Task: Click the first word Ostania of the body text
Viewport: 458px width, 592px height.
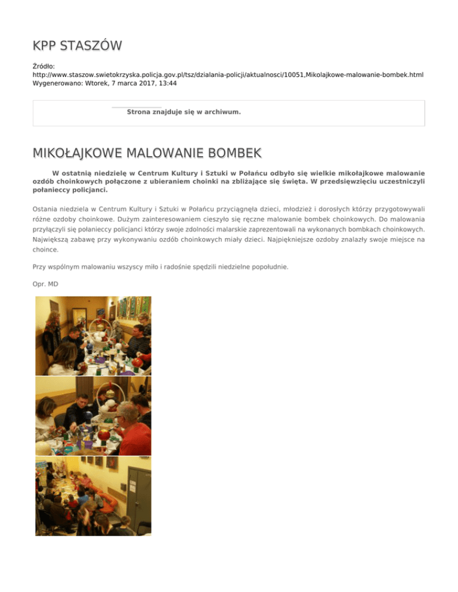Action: coord(48,210)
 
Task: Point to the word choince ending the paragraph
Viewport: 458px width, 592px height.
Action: coord(47,250)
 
